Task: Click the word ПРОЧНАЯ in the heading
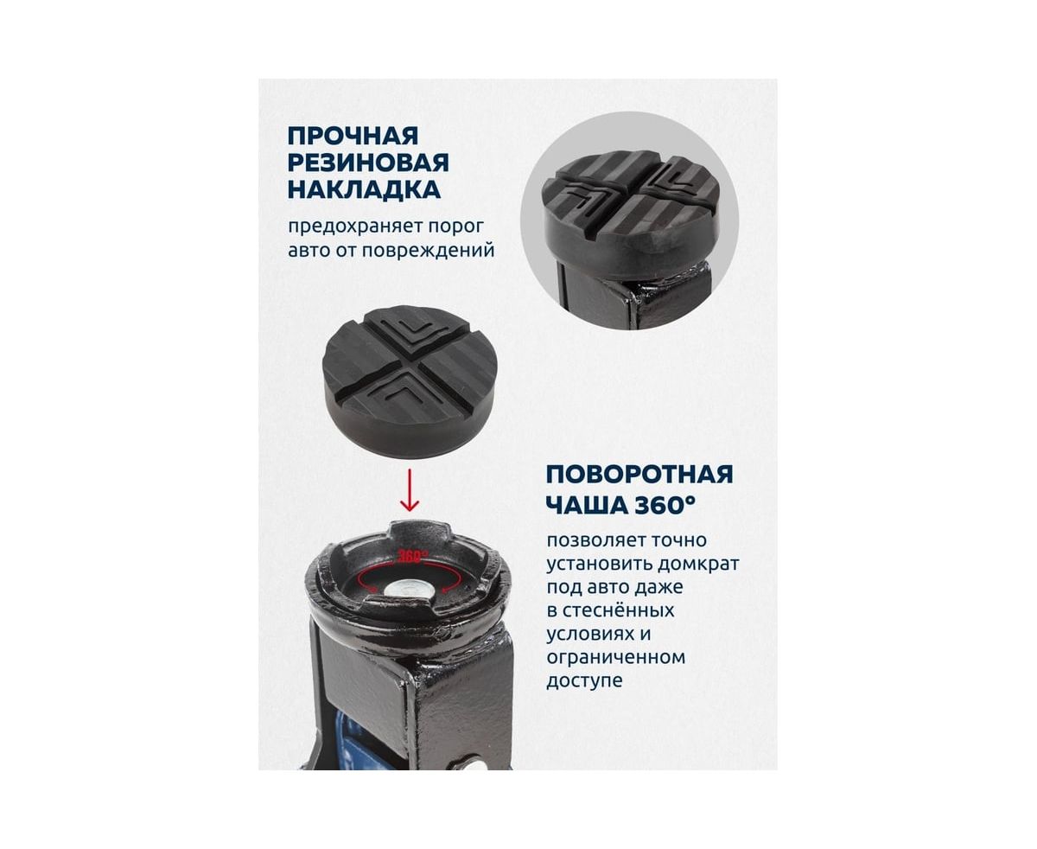[x=353, y=136]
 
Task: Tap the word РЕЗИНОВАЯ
[x=368, y=163]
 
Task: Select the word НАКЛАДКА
[x=364, y=190]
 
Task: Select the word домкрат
[x=697, y=564]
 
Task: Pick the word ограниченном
[x=615, y=658]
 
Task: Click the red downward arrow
[x=409, y=490]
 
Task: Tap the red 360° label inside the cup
[x=413, y=556]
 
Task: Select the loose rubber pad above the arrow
[x=410, y=381]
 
